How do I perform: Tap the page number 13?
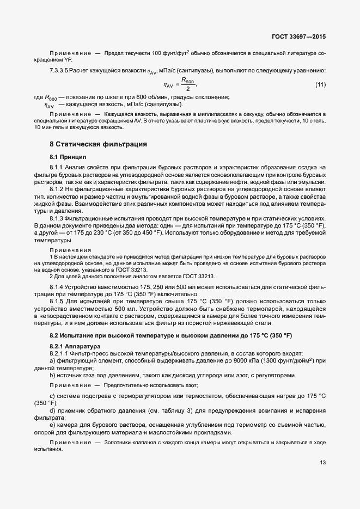click(x=322, y=463)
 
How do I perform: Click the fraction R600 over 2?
click(x=187, y=85)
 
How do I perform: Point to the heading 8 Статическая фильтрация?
click(x=98, y=144)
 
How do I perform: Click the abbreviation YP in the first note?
click(x=68, y=58)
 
